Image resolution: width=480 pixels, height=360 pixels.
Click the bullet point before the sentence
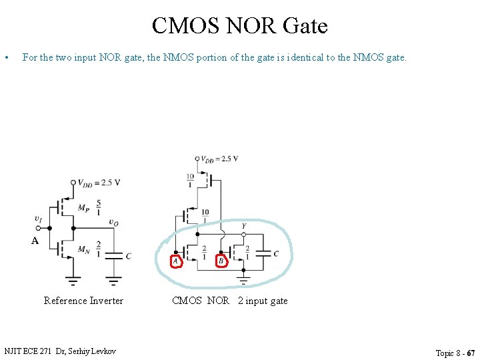click(6, 58)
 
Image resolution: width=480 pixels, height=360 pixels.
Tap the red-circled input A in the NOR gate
click(176, 261)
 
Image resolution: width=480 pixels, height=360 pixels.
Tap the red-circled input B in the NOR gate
click(221, 261)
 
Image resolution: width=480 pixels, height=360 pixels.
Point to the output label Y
click(243, 226)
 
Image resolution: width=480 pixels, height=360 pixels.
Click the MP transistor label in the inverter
click(83, 207)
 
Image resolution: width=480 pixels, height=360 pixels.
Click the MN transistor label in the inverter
click(83, 249)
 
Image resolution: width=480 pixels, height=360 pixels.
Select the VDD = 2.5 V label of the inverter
click(98, 183)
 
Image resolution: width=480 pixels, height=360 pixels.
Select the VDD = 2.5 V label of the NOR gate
click(219, 159)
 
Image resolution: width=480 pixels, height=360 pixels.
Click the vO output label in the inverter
click(114, 222)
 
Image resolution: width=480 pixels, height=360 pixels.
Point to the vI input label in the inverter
click(38, 219)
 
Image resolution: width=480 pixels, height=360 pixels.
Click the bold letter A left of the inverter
click(35, 241)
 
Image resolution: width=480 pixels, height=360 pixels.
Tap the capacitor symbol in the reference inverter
click(115, 255)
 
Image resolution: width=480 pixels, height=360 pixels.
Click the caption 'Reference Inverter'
click(83, 301)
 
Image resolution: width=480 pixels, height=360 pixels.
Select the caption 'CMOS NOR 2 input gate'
click(229, 301)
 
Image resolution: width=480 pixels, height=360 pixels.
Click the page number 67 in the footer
click(471, 353)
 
